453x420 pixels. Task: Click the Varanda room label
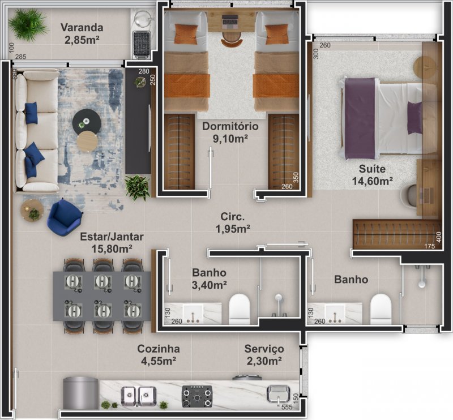82,28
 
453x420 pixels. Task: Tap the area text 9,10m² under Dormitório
230,139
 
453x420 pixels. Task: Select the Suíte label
372,169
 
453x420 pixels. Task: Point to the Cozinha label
159,349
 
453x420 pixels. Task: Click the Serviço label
264,349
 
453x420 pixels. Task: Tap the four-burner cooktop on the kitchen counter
197,396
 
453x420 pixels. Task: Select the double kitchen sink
138,396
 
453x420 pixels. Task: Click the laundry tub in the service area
278,394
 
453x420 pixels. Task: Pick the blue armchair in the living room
64,217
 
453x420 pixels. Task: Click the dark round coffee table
87,122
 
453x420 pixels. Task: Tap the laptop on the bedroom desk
230,20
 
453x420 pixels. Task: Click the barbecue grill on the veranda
141,45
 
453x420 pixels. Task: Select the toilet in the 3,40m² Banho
239,309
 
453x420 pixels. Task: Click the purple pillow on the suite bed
414,118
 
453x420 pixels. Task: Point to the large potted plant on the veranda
28,24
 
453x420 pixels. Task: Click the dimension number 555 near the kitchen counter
287,407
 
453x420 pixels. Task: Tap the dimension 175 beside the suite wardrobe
430,246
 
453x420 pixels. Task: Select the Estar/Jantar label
112,237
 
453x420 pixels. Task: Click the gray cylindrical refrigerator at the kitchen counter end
81,393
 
